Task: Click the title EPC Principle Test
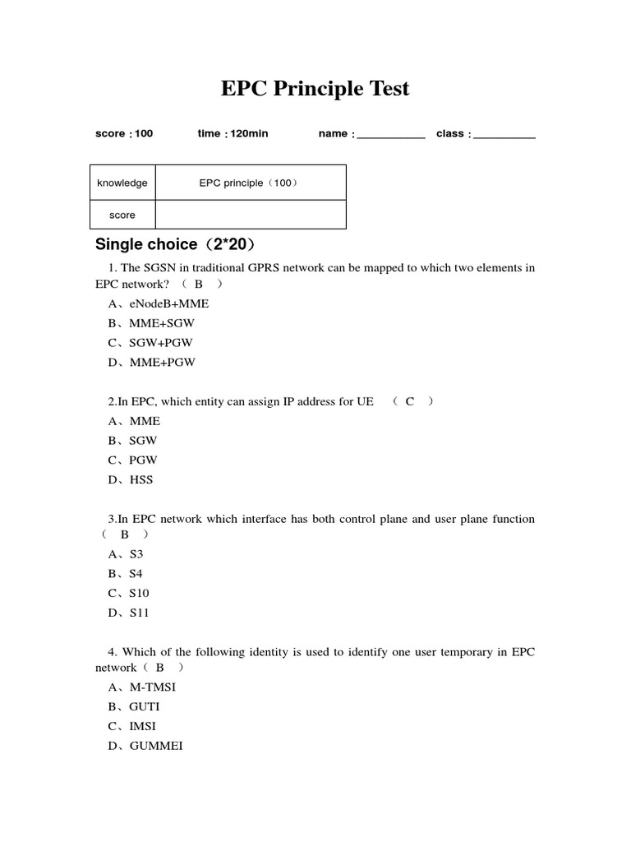click(315, 89)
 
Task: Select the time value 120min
click(248, 133)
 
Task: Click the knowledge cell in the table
click(122, 183)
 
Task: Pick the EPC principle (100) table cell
click(250, 183)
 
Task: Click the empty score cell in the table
click(250, 215)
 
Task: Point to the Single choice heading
click(176, 244)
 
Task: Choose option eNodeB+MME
click(159, 303)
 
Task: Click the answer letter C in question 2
click(410, 401)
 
